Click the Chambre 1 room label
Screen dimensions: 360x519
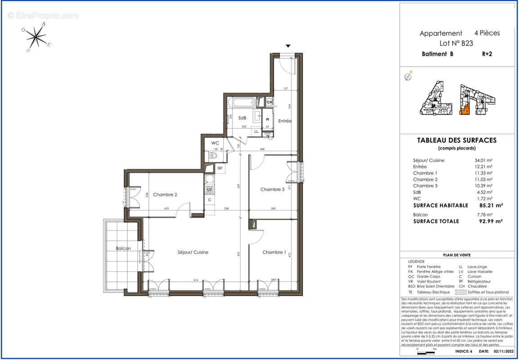point(274,252)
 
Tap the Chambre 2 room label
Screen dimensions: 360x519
point(165,194)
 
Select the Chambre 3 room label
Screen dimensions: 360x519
point(272,189)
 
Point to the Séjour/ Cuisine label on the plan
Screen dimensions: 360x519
point(193,252)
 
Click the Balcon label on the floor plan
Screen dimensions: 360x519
point(123,248)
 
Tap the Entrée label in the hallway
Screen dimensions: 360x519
point(285,121)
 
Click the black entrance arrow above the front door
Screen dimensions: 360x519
point(288,46)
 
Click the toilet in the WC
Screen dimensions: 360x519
point(214,156)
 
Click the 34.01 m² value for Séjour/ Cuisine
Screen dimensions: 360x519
point(484,160)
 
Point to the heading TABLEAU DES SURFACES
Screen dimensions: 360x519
point(457,140)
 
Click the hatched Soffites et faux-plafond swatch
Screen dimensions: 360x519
point(461,292)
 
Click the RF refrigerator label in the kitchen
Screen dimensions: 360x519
point(220,169)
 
